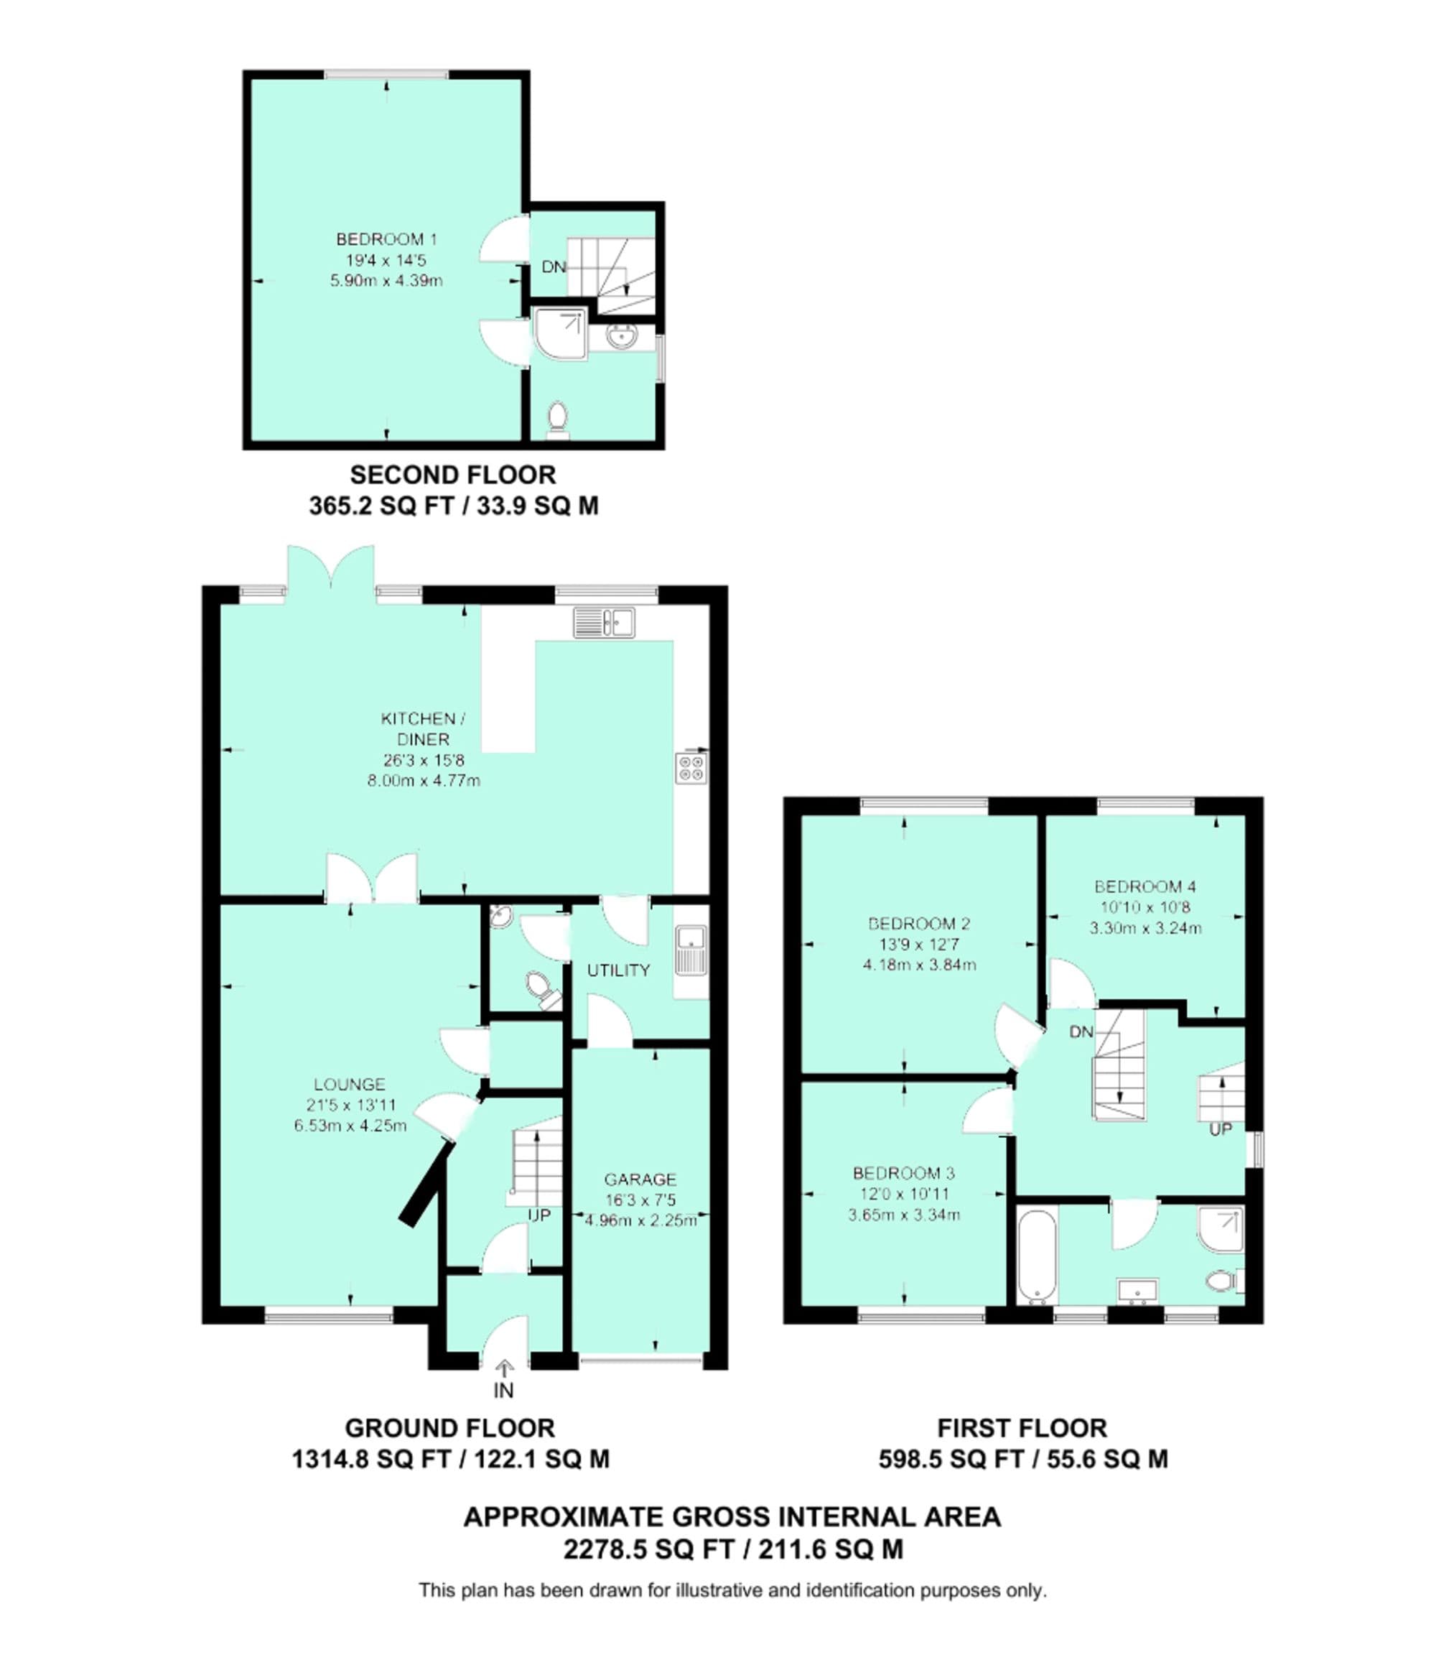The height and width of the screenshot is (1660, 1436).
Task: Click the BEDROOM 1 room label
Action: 386,239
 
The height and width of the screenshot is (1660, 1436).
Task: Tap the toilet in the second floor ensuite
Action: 558,420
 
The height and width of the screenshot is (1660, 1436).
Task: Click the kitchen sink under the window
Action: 605,623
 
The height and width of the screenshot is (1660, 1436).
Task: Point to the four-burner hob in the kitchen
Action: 691,767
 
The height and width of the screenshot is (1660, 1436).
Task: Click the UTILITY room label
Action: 617,970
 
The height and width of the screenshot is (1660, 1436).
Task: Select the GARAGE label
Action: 640,1179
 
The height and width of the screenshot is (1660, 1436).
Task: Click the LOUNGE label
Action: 350,1085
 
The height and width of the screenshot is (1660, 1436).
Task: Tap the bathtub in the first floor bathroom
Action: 1036,1254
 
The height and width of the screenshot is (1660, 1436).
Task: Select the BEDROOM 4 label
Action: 1145,886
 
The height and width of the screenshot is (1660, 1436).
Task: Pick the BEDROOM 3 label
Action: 904,1174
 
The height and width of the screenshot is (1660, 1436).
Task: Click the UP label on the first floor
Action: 1220,1129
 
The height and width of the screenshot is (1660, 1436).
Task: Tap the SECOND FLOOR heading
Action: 453,475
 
